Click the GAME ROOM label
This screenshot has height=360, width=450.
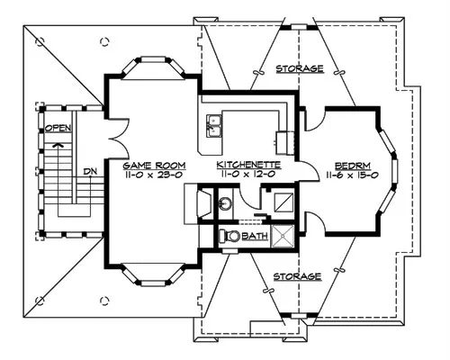pos(154,166)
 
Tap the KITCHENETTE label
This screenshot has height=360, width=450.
pos(248,165)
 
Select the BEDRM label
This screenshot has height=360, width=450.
pos(352,166)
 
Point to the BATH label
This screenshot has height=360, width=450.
pos(255,236)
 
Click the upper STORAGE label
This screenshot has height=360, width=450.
pos(300,68)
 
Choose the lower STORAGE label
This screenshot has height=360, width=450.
pos(297,276)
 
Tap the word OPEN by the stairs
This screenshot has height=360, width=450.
pos(58,128)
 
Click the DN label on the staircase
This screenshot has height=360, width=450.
pos(90,172)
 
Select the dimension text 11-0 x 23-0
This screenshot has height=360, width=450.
pos(154,175)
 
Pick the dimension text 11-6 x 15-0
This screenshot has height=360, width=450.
pos(352,175)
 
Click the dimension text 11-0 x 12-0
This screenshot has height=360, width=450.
pos(248,174)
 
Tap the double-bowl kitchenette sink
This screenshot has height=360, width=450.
pos(214,126)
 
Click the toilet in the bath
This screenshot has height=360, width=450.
pos(229,236)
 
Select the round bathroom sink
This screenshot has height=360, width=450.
pos(225,204)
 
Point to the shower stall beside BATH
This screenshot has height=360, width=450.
pos(283,236)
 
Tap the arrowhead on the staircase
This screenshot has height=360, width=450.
pos(58,145)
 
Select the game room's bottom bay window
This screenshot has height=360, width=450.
pos(153,275)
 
